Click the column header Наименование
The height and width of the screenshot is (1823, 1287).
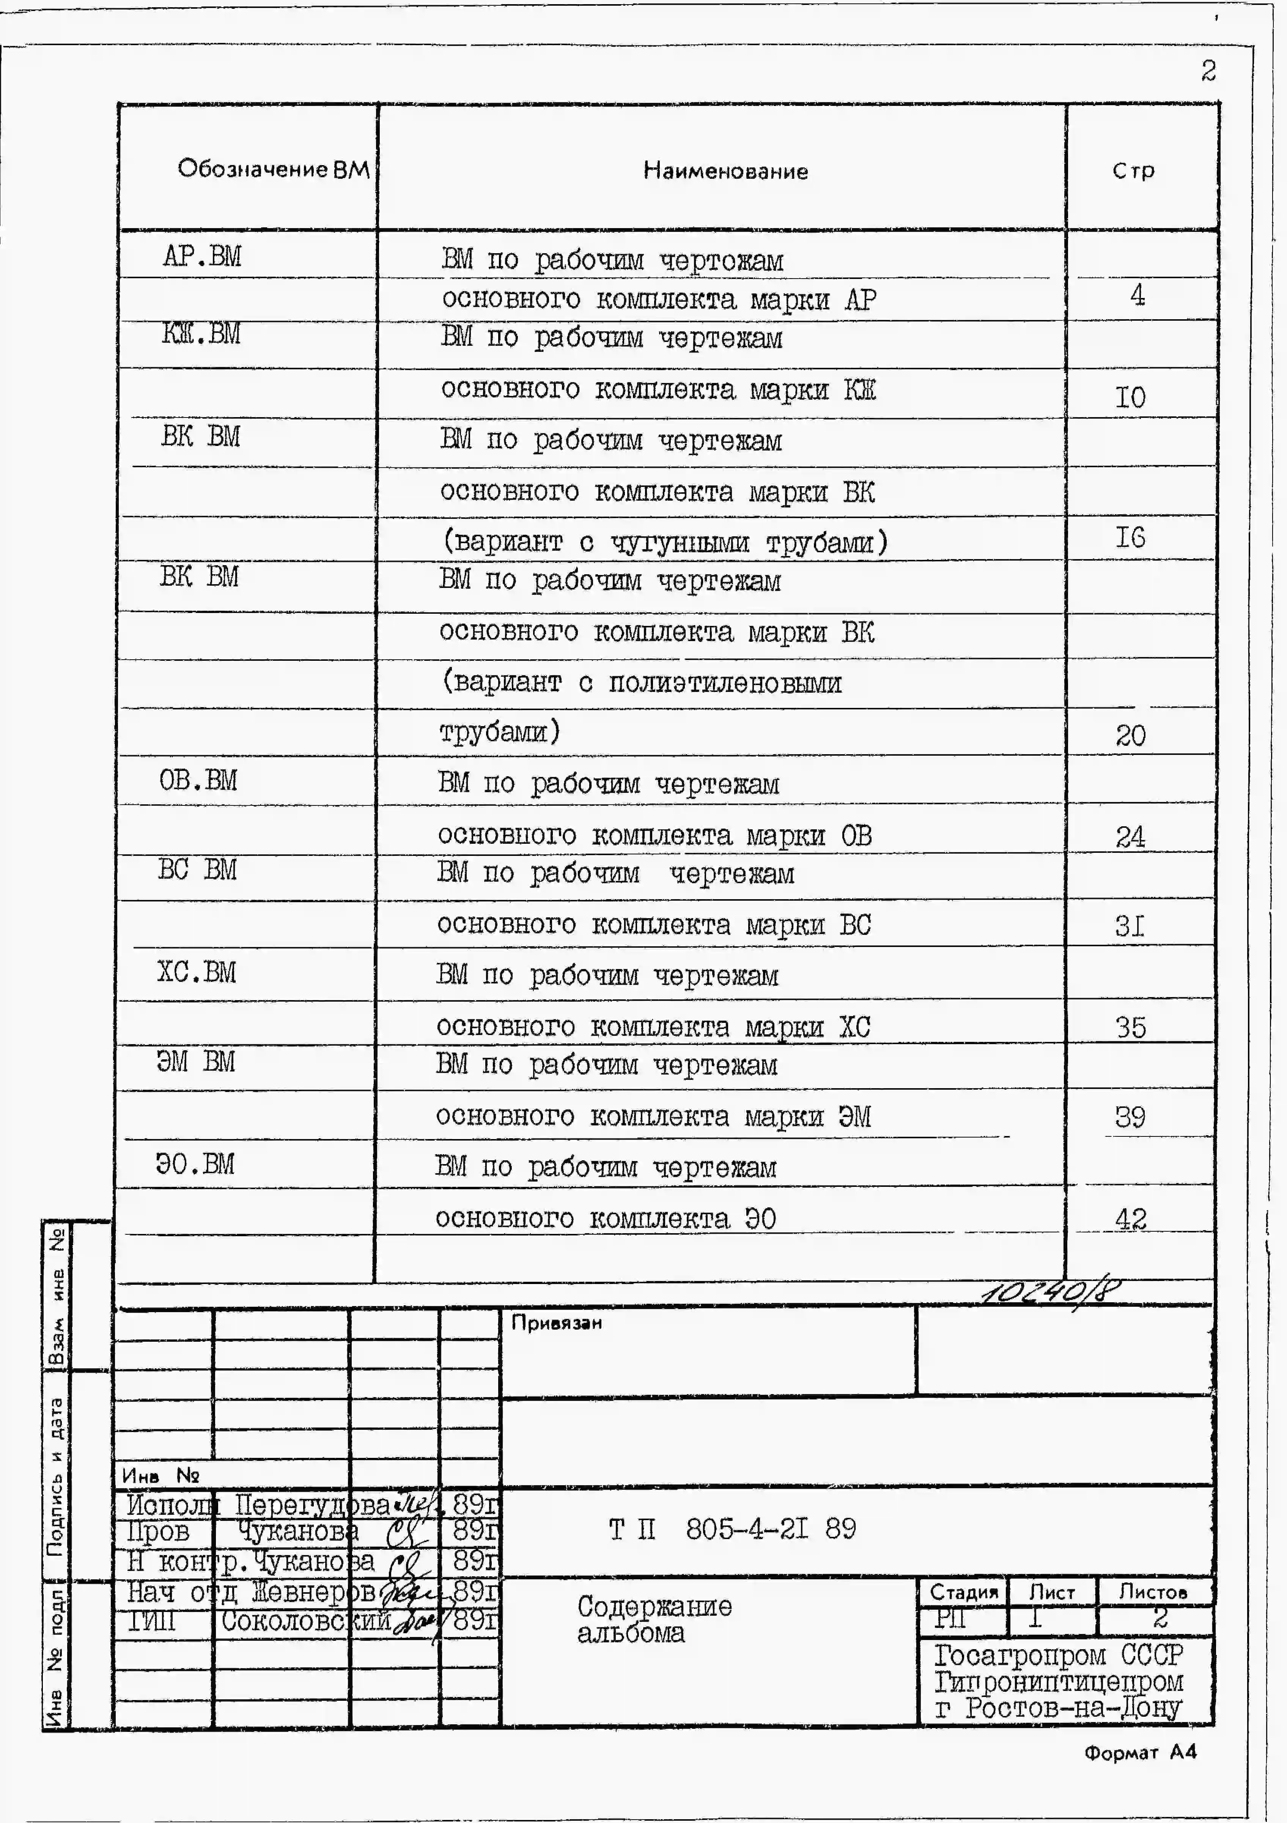[725, 171]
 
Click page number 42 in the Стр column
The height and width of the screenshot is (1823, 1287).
[1131, 1218]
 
